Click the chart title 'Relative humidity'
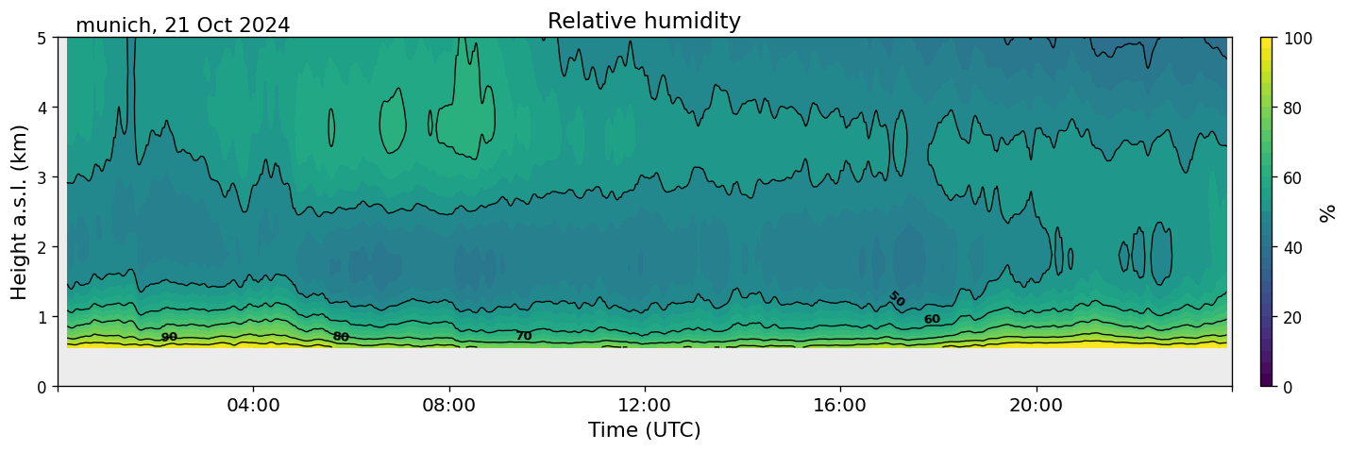point(644,22)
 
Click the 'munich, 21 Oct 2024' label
point(182,25)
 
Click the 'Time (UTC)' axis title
point(644,430)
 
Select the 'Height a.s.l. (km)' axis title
point(20,211)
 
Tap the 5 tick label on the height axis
point(42,38)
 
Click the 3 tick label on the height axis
point(42,177)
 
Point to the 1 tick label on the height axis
point(42,317)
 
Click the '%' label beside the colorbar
point(1328,212)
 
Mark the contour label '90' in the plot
point(169,337)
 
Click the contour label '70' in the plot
point(523,336)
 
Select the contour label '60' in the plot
point(932,320)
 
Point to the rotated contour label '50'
point(896,299)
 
